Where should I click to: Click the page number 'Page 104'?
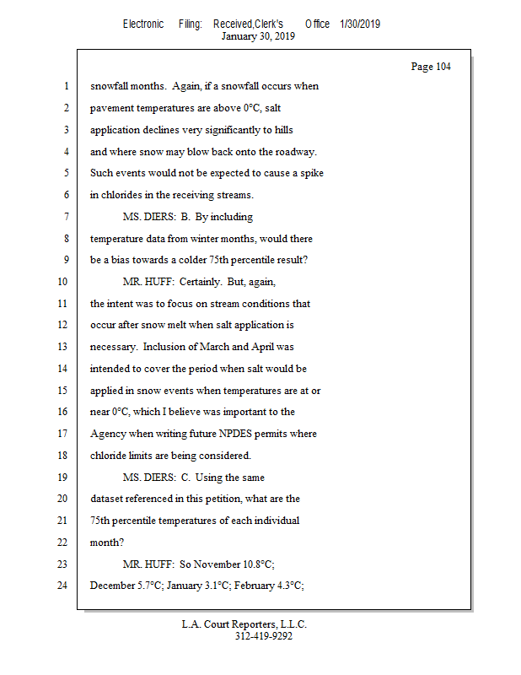pos(430,67)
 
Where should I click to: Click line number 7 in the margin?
pos(65,217)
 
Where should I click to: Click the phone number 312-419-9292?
pos(263,637)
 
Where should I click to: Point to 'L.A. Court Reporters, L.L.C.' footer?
pos(244,625)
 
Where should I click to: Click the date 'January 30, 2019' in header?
pos(258,36)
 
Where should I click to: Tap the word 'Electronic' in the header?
pos(143,24)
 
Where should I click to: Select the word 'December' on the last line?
pos(112,585)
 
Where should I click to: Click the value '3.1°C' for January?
pos(213,585)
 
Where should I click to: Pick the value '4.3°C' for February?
pos(285,585)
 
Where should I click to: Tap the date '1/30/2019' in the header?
pos(360,24)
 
